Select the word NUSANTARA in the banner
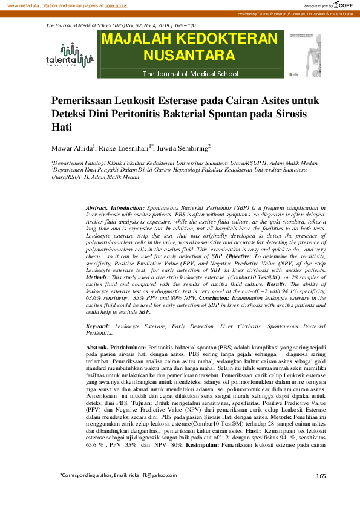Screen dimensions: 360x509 coord(190,57)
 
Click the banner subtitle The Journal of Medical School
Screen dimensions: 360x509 coord(191,74)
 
